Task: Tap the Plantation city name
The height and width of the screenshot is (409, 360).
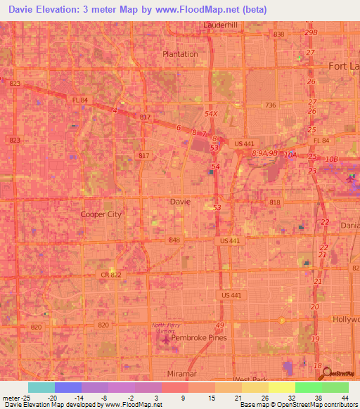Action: click(180, 53)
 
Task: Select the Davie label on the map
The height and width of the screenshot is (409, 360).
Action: click(180, 201)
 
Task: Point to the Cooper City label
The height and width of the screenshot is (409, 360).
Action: click(101, 214)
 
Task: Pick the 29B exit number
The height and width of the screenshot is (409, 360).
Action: click(311, 33)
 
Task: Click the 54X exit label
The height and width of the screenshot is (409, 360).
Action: click(212, 112)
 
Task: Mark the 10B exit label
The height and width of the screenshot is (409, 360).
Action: click(331, 160)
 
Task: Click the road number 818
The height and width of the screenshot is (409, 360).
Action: click(274, 202)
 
